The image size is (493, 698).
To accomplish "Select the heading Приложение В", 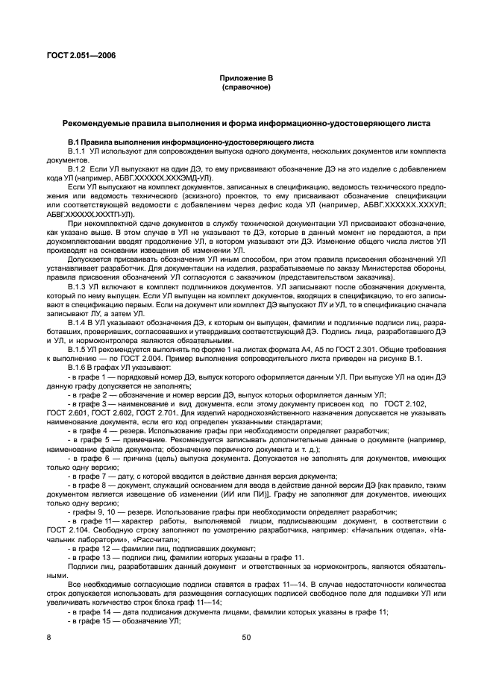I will click(245, 78).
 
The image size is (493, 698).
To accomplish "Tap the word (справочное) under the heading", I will click(245, 87).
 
